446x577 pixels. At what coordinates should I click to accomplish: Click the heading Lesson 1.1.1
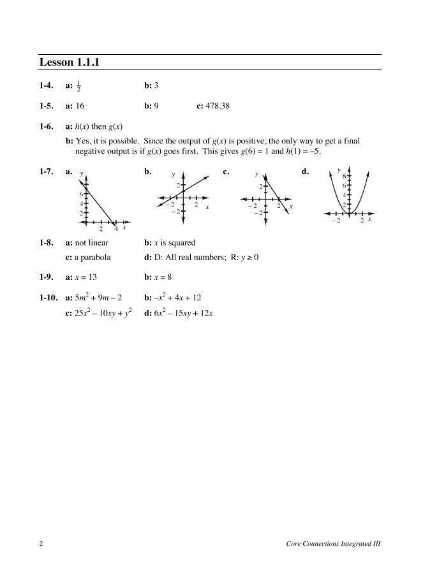71,62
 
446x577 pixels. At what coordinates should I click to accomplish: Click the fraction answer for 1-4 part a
79,86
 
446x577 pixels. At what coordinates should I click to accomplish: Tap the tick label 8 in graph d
344,176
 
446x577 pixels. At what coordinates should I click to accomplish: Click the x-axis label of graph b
207,208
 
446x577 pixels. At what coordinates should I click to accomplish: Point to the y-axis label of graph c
256,174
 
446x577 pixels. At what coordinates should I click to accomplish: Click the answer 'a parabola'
93,258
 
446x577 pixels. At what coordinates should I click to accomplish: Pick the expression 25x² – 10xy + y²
103,313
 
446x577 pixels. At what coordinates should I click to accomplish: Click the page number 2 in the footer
41,544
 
